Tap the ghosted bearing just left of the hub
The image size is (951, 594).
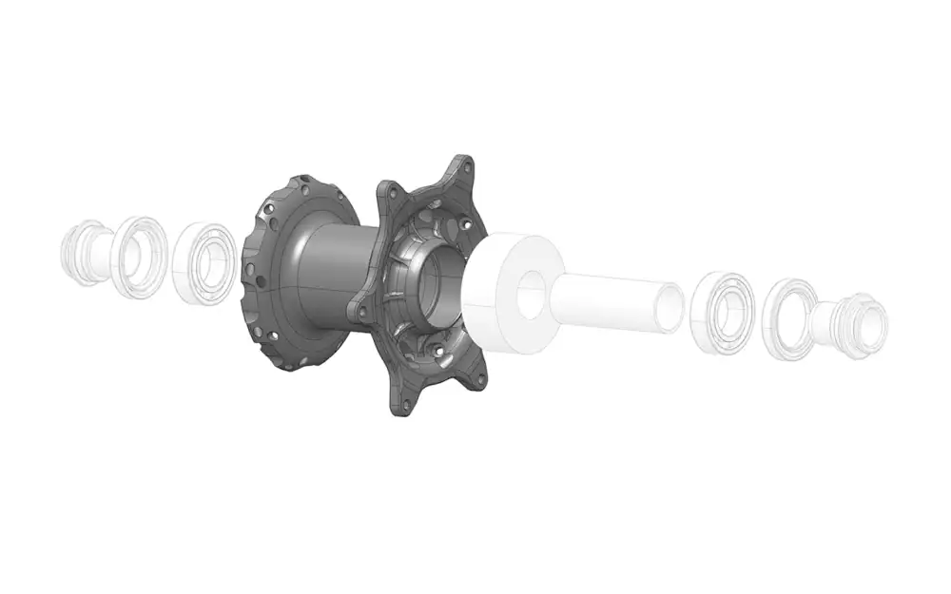(x=204, y=263)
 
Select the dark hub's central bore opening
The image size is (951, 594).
(x=440, y=285)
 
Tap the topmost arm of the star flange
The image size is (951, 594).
(x=462, y=171)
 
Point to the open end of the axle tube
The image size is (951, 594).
(x=670, y=308)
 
